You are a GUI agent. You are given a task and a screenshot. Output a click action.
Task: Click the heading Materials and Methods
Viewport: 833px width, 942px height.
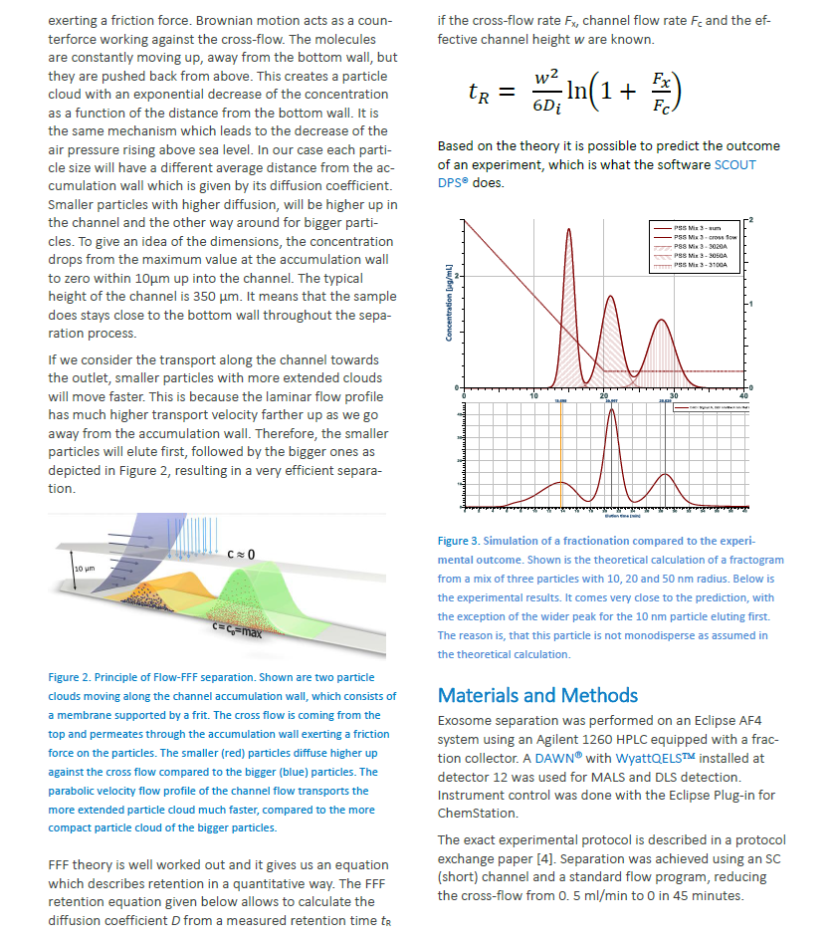tap(537, 694)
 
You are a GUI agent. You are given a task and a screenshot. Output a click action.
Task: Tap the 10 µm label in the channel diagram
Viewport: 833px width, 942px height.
tap(85, 568)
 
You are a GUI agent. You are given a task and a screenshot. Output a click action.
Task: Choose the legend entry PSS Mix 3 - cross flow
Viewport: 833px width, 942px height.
tap(701, 237)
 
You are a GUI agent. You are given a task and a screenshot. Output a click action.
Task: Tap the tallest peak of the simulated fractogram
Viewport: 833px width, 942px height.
tap(570, 232)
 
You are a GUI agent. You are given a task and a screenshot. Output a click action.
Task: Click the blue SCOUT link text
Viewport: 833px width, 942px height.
tap(734, 164)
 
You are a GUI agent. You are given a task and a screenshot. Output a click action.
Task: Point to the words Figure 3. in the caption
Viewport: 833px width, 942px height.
tap(458, 541)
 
